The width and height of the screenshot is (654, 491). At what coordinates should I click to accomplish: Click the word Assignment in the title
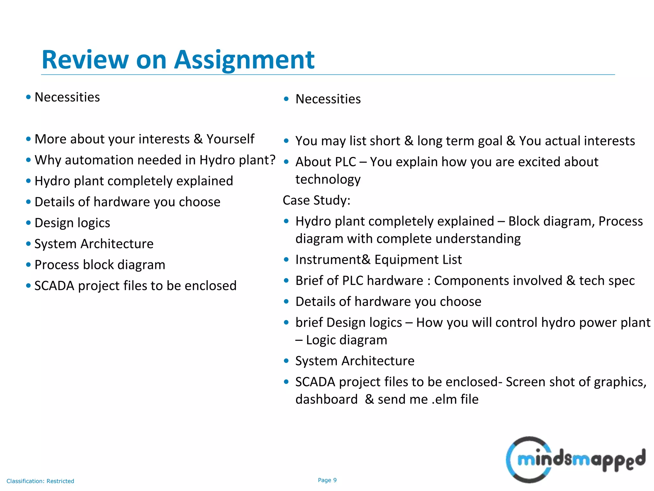(x=244, y=60)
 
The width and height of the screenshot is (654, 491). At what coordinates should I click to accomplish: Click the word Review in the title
(x=85, y=60)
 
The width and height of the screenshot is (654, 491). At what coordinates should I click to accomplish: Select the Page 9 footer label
(x=327, y=480)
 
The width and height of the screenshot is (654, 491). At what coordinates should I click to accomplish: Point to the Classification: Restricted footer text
(x=40, y=481)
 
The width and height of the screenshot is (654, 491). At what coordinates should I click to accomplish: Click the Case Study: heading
(x=316, y=200)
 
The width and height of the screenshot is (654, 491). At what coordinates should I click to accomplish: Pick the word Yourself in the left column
(x=230, y=139)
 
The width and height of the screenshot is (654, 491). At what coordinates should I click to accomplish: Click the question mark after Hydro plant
(x=272, y=160)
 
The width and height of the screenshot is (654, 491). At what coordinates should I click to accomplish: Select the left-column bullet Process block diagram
(x=100, y=265)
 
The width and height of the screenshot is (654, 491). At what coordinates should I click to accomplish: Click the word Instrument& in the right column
(x=333, y=260)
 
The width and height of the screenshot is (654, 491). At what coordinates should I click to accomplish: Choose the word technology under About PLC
(x=328, y=179)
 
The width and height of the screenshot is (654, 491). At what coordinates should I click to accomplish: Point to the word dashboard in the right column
(x=326, y=399)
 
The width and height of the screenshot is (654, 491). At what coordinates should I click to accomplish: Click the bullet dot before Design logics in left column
(x=28, y=223)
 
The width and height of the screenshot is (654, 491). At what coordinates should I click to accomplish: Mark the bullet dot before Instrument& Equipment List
(x=286, y=260)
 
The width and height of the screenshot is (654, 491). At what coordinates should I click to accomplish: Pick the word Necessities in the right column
(x=328, y=99)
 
